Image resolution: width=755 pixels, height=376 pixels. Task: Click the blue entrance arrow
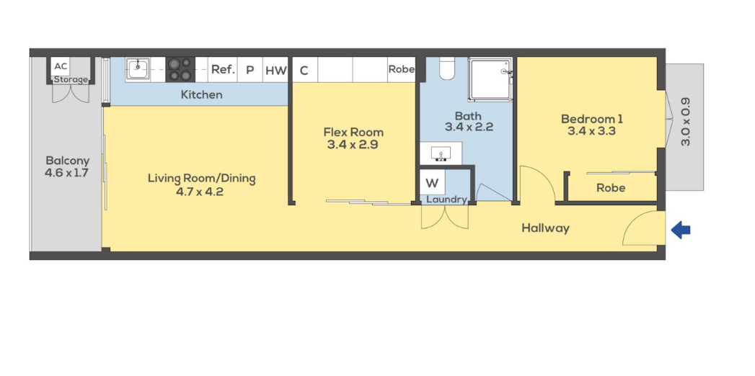681,230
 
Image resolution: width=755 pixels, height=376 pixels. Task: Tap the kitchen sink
138,68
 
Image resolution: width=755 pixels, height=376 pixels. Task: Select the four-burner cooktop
180,69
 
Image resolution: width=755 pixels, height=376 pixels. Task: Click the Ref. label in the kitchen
223,69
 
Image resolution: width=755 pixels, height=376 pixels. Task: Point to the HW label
276,71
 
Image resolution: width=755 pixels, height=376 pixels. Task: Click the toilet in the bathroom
447,68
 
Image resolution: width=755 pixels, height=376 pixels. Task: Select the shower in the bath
490,80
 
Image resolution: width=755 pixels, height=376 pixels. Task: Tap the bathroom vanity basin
441,153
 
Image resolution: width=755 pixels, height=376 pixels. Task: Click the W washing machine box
433,183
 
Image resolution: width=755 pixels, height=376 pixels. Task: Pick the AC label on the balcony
61,66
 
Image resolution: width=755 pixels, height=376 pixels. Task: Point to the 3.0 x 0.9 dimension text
686,122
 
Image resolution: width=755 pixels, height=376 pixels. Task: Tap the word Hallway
546,228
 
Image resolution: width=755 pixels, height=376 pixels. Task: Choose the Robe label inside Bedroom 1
611,187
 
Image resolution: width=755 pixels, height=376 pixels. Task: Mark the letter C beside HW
304,71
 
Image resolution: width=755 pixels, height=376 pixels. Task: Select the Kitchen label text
202,95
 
